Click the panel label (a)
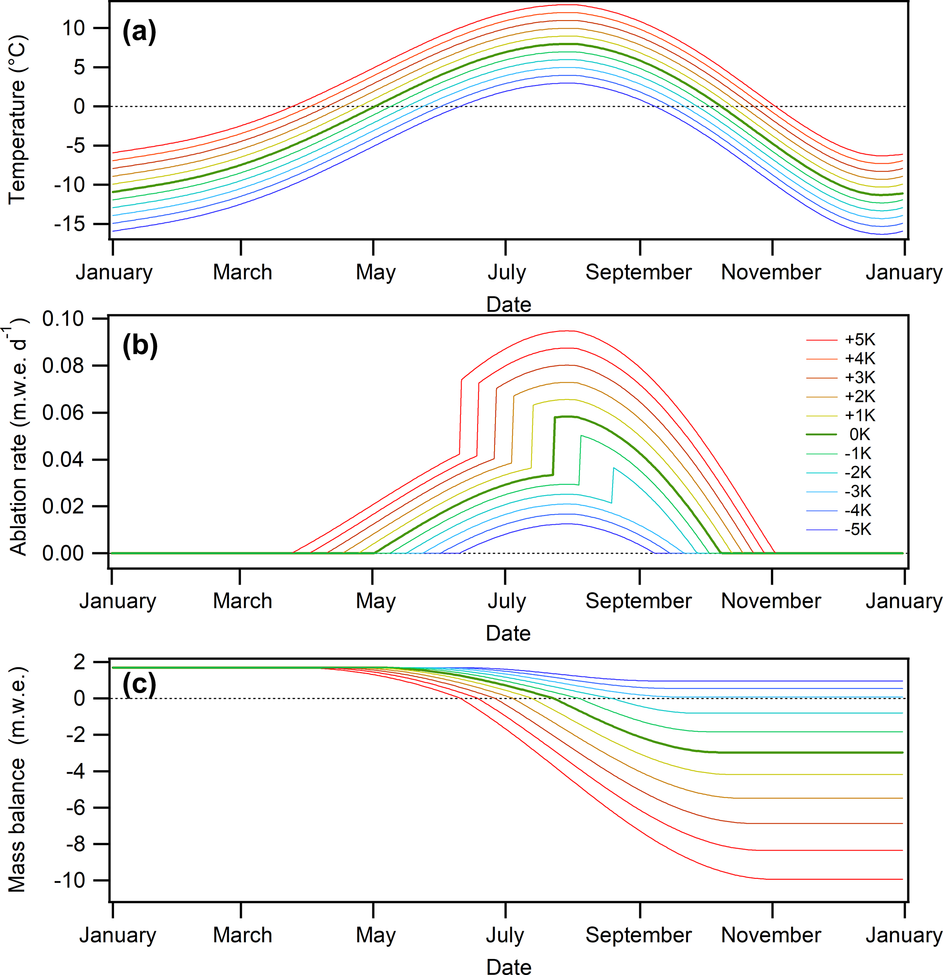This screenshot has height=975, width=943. point(139,32)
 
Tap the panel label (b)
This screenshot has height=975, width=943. point(140,345)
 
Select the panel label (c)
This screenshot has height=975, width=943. point(139,685)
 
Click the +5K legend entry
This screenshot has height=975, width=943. point(860,340)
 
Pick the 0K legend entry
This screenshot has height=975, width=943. point(860,434)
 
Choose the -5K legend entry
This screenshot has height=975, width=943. point(858,529)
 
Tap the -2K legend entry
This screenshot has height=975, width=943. point(858,472)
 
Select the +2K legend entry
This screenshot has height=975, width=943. point(860,396)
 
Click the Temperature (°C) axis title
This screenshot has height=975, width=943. point(17,119)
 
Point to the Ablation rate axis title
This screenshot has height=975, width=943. point(18,440)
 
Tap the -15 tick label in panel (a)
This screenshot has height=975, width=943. point(70,224)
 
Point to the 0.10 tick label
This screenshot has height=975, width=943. point(63,319)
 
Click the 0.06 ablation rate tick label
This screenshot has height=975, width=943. point(63,412)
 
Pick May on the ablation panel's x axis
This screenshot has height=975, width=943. point(376,601)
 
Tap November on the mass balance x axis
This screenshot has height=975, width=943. point(771,935)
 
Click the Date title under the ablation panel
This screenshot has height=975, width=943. point(508,633)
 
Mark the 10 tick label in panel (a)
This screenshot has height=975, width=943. point(73,28)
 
